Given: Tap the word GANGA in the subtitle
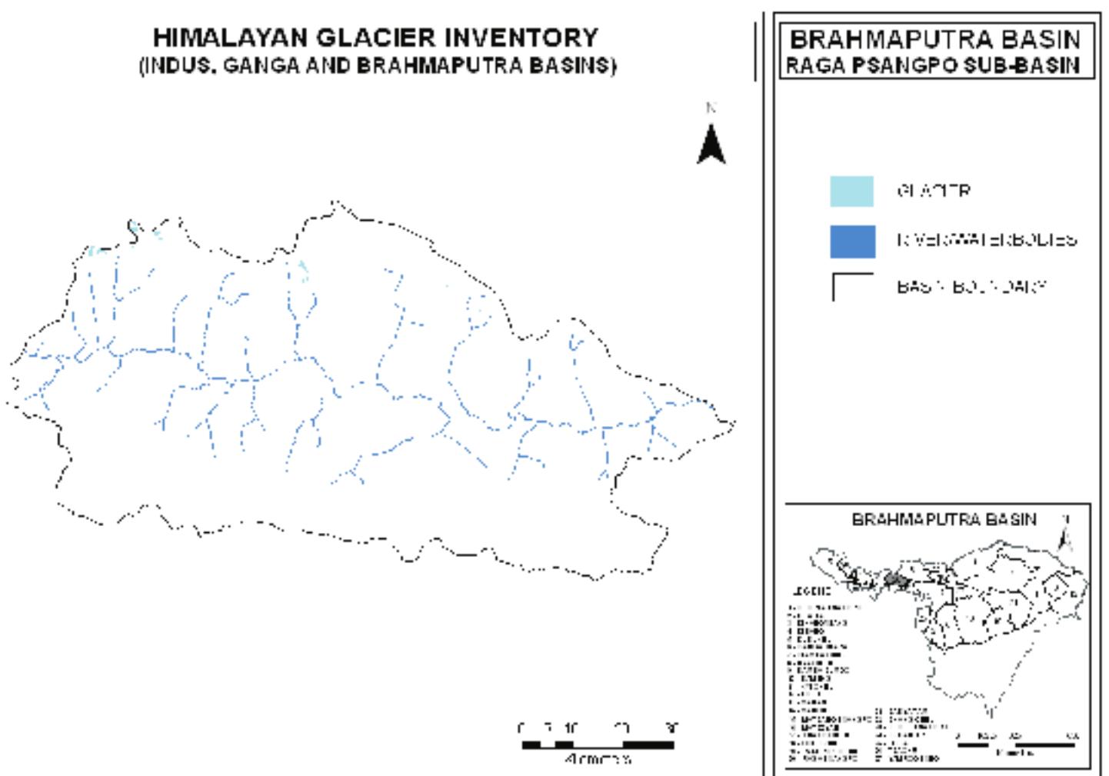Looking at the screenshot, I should (261, 66).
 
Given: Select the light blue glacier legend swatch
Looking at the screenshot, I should (851, 192).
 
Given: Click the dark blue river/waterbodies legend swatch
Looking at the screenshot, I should (851, 241).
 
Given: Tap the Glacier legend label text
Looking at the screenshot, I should (933, 192).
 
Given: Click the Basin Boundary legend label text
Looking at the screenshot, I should (971, 287).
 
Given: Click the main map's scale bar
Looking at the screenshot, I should (598, 744).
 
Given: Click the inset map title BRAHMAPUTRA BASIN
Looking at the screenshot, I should (944, 520).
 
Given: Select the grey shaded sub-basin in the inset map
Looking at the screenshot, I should (894, 579).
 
